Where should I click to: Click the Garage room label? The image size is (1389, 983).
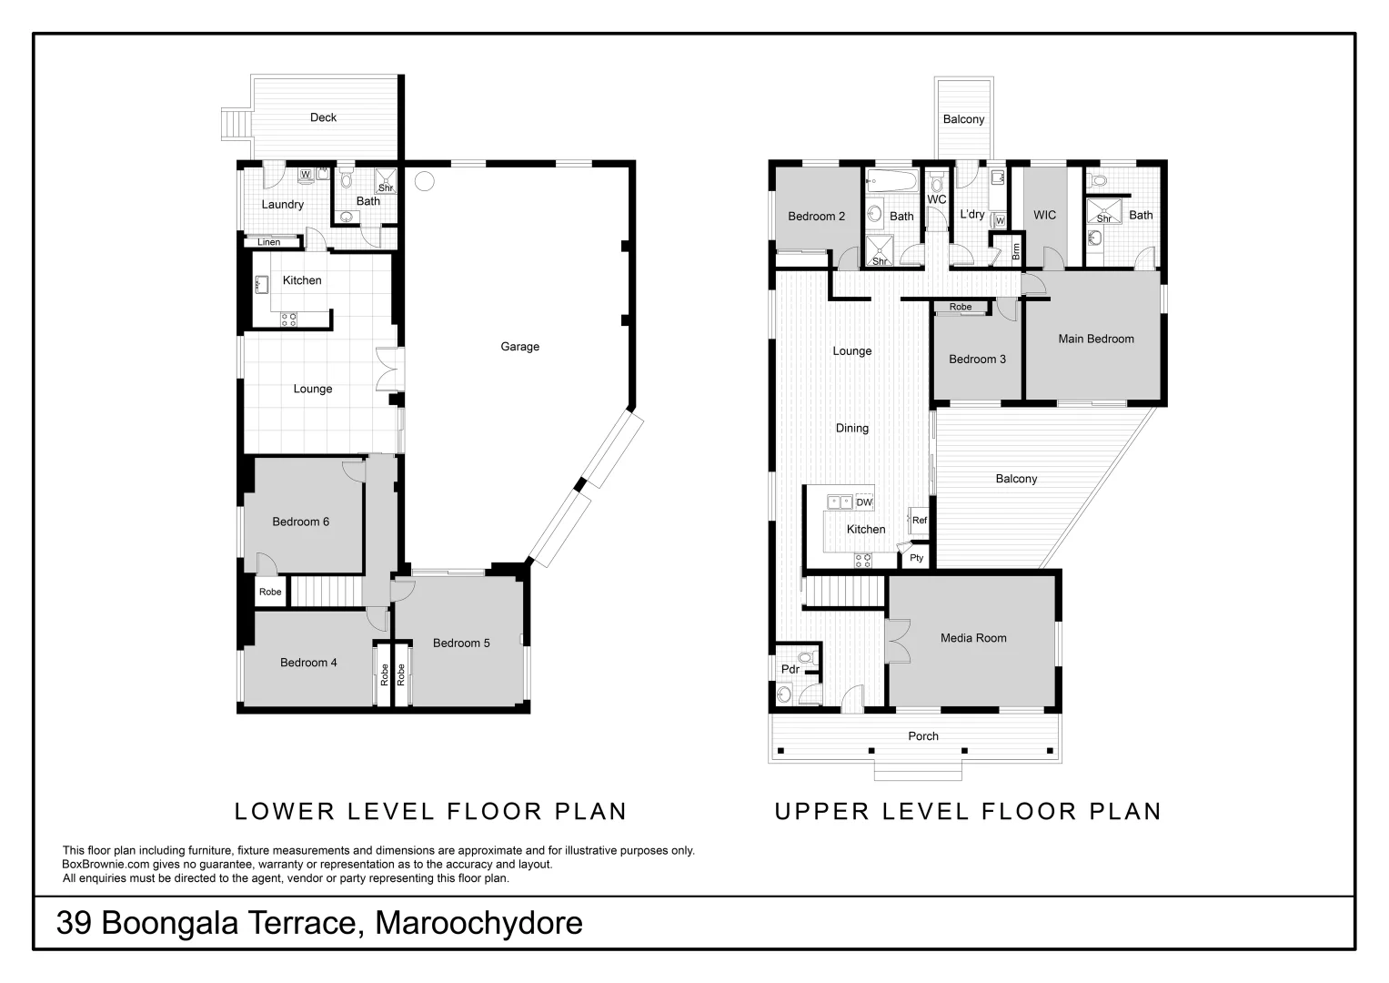(519, 347)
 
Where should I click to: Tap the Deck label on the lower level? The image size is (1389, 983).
(323, 117)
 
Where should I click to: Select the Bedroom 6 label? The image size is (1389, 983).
(300, 522)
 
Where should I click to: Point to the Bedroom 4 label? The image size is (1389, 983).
(308, 663)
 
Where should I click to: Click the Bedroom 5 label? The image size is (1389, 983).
(461, 644)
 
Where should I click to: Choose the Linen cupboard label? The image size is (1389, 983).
(268, 242)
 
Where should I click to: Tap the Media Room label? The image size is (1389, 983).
(973, 638)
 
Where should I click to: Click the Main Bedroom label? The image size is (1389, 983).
(1095, 339)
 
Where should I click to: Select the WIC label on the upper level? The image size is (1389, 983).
(1044, 216)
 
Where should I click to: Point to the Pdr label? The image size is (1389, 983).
(790, 669)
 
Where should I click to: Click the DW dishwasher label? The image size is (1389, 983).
(863, 502)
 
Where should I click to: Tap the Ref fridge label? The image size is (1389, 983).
(919, 521)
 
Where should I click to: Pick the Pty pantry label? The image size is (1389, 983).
(916, 558)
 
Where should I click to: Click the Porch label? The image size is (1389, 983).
(922, 736)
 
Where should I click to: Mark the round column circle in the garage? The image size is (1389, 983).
(424, 180)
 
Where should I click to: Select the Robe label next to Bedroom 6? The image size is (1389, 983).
(270, 592)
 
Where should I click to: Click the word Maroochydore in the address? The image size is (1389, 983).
(478, 923)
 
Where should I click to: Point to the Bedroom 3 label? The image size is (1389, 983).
(977, 360)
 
